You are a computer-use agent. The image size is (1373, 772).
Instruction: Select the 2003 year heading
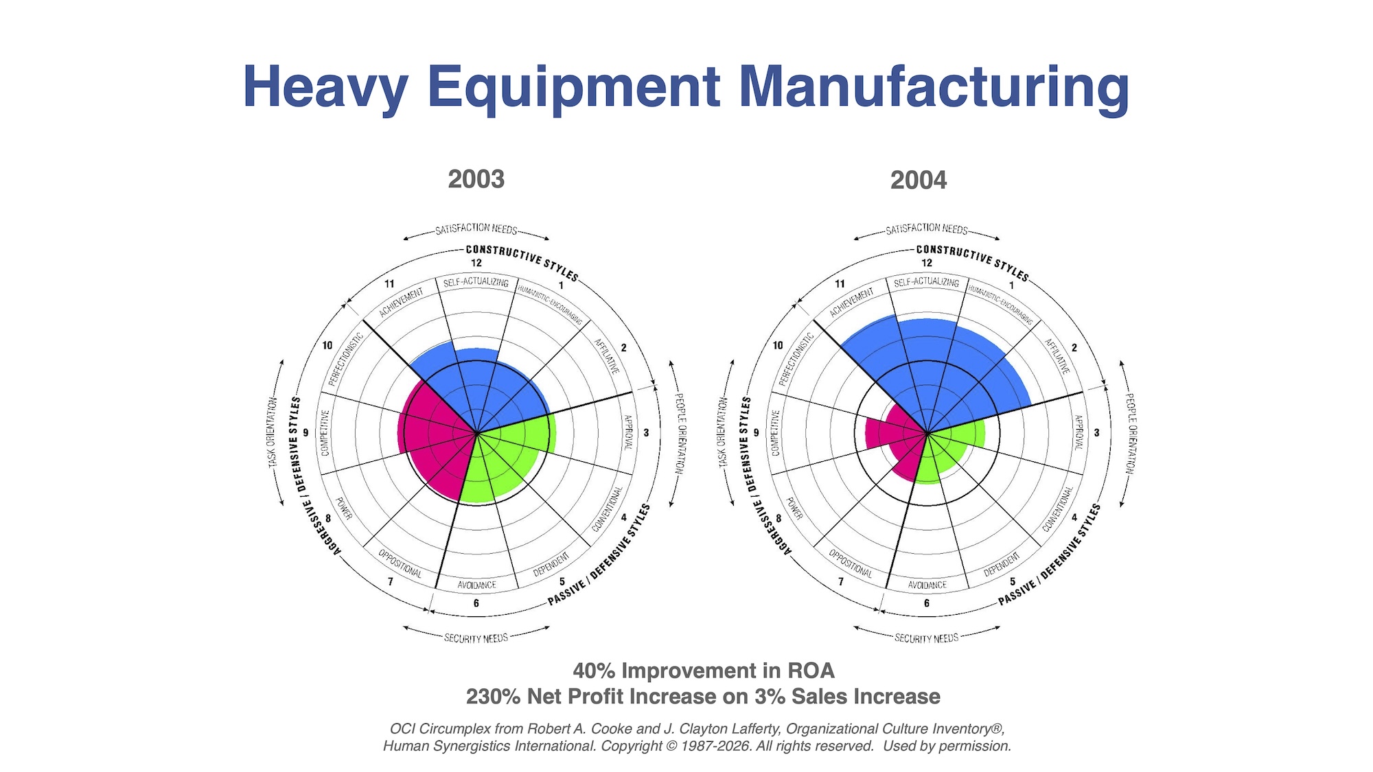(476, 179)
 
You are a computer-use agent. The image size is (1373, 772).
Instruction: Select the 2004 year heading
(918, 180)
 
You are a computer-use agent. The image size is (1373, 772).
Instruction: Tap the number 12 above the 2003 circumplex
(476, 263)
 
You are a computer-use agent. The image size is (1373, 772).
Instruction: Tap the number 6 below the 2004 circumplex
(926, 603)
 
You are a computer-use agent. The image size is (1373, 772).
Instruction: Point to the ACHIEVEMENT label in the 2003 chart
(401, 302)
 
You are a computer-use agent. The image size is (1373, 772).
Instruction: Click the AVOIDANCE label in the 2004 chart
(927, 585)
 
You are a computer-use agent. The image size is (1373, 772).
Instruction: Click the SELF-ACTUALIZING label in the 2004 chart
(926, 282)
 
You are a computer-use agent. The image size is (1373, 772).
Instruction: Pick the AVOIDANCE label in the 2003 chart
(476, 585)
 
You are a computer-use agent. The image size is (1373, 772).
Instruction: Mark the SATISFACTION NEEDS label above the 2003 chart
(476, 229)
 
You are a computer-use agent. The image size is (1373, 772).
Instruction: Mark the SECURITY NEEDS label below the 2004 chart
(926, 638)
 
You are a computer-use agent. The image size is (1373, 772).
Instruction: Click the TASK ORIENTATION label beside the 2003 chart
(273, 432)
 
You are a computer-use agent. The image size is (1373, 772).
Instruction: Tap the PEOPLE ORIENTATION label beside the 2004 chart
(1130, 432)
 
